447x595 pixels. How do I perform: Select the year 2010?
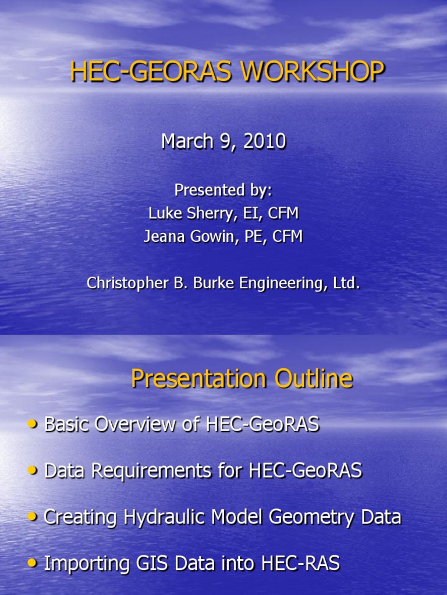pos(265,142)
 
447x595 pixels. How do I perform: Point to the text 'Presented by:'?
pos(223,190)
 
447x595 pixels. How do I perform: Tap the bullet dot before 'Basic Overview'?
pos(31,425)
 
